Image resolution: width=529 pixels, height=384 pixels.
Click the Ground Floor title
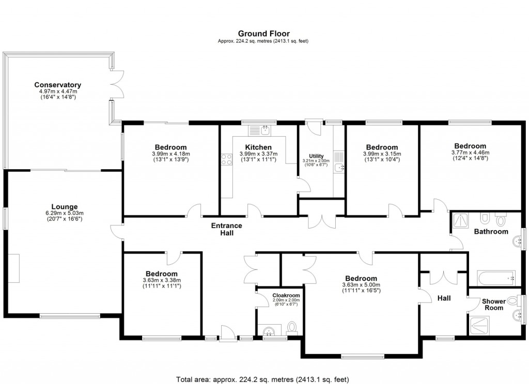point(263,34)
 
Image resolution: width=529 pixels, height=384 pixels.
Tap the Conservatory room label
point(58,85)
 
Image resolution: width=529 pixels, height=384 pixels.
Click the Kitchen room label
point(258,147)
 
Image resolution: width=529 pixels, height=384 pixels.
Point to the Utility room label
point(316,156)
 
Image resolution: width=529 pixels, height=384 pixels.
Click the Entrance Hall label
point(226,229)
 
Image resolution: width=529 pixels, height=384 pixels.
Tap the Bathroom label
point(491,232)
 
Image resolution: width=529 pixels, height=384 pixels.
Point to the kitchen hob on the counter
point(226,160)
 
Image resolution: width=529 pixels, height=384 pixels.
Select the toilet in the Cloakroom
point(292,327)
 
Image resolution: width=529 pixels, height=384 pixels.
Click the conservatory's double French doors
point(117,84)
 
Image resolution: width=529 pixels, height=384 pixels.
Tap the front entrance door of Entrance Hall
point(226,334)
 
